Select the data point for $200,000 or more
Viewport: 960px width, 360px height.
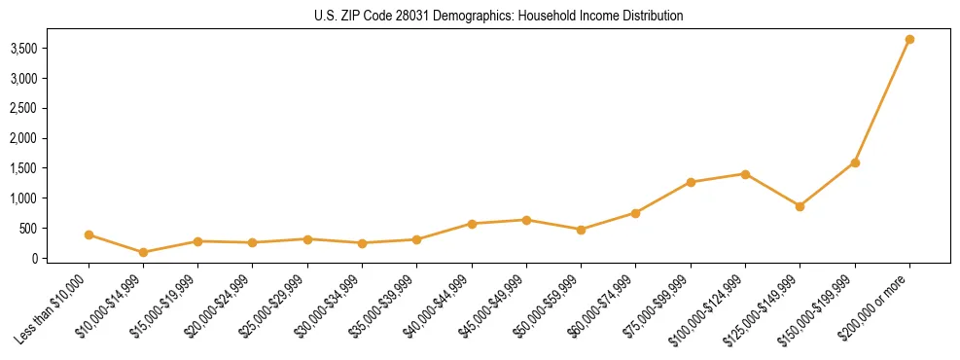coord(909,40)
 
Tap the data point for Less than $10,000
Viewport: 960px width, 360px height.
coord(89,234)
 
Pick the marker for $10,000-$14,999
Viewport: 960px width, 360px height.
coord(144,252)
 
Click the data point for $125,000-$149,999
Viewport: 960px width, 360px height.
coord(800,206)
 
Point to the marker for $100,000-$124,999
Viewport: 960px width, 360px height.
coord(745,174)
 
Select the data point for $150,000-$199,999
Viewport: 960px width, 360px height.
coord(855,162)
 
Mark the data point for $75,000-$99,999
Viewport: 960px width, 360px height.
coord(691,182)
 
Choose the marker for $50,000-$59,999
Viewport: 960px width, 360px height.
coord(581,230)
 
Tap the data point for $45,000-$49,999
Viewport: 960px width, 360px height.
coord(526,220)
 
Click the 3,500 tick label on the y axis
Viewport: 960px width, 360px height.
coord(35,48)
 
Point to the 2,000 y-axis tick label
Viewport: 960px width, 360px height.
coord(35,138)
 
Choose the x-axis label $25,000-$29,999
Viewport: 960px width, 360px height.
coord(275,308)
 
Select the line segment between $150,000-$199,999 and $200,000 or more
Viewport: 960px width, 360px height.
coord(882,101)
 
